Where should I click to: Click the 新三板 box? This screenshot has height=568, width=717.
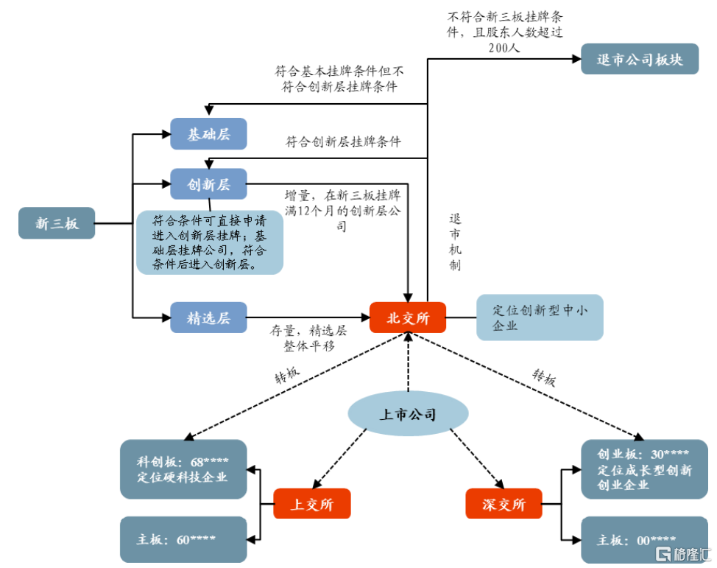tap(57, 223)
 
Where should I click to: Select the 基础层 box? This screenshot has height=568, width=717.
tap(208, 134)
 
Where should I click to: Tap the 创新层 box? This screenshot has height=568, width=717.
tap(208, 184)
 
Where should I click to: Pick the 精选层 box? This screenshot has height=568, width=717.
tap(208, 318)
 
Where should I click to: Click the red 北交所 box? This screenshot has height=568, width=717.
tap(408, 318)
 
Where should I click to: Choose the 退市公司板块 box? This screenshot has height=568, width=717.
tap(640, 59)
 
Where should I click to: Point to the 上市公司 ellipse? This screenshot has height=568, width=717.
tap(408, 415)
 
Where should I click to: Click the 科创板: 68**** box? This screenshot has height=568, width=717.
tap(183, 469)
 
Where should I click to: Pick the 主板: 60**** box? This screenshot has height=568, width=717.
tap(183, 539)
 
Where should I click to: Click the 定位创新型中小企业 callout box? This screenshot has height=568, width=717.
tap(540, 318)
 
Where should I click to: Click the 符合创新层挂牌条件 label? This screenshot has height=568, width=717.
tap(343, 142)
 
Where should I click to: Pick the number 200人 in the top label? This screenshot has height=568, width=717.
tap(504, 47)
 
